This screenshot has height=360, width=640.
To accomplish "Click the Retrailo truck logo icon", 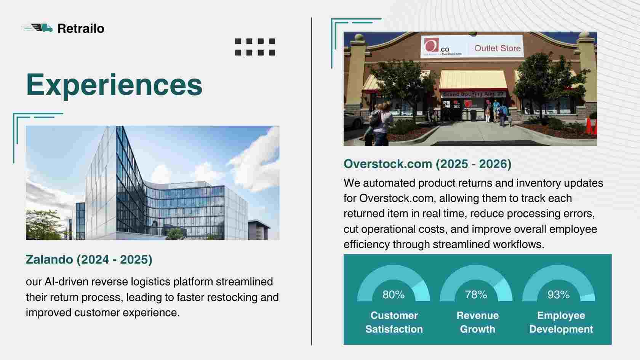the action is click(x=37, y=28).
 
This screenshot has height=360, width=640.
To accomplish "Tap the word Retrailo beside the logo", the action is click(x=81, y=29).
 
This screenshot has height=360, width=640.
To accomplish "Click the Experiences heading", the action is click(x=114, y=85).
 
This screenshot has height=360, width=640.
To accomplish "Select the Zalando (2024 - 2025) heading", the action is click(x=89, y=259).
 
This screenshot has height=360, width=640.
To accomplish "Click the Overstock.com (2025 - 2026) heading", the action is click(x=427, y=164).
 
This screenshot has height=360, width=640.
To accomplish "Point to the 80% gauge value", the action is click(x=394, y=294).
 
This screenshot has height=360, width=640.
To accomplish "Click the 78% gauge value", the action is click(x=476, y=294).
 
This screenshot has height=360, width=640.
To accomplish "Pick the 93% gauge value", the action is click(x=558, y=294).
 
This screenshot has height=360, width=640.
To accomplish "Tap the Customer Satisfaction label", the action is click(x=394, y=322).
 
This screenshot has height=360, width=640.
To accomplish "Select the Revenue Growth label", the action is click(x=477, y=322).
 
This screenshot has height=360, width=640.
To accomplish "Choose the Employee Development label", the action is click(x=561, y=322).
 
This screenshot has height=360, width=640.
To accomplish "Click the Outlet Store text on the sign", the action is click(x=498, y=48).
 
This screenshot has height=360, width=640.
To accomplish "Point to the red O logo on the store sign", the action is click(x=431, y=45).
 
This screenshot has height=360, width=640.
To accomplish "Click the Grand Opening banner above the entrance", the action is click(x=473, y=94).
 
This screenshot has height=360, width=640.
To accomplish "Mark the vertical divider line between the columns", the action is click(x=312, y=181).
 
